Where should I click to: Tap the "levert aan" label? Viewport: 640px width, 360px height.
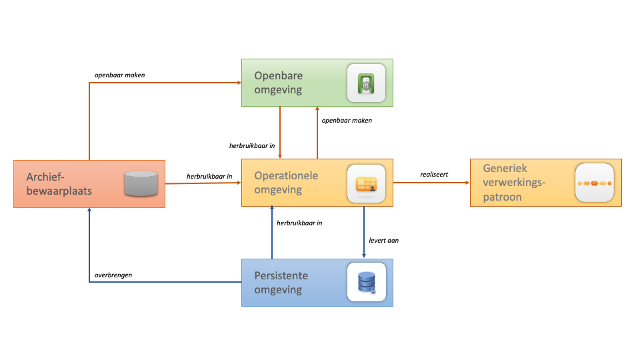pos(383,240)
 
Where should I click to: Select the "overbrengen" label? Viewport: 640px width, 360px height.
pos(113,275)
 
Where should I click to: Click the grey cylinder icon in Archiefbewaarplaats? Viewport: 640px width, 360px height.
pos(141,183)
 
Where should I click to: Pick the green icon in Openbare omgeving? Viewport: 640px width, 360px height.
pos(366,83)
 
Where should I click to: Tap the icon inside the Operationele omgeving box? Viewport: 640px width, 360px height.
pos(366,183)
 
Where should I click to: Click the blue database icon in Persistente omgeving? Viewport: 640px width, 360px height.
pos(366,281)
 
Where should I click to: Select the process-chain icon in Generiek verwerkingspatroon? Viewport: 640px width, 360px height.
pos(595,183)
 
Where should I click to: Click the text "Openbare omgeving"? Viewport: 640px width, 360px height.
pos(278,83)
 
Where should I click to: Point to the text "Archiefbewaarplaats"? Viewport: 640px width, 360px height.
pos(59,183)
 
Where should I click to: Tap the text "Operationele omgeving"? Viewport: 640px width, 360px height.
pos(286,183)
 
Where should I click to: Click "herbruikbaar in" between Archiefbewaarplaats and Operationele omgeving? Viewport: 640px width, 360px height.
pos(209,176)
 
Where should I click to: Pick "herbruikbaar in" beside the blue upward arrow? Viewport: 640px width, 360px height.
pos(299,223)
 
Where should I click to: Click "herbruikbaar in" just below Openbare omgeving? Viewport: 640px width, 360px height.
pos(251,145)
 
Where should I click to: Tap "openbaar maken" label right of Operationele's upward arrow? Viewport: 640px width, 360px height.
pos(347,121)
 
